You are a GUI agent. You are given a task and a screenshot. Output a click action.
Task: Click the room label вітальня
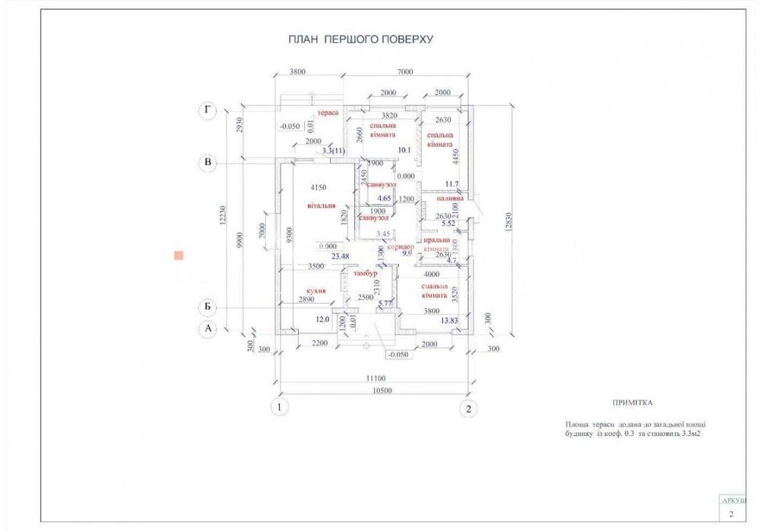(x=321, y=205)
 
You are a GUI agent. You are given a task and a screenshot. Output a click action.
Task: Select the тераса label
(x=328, y=111)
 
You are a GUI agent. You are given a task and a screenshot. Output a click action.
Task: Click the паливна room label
(x=450, y=198)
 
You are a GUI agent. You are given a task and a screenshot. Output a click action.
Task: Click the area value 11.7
(x=452, y=183)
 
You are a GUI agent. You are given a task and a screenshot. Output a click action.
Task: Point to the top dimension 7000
(x=404, y=72)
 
